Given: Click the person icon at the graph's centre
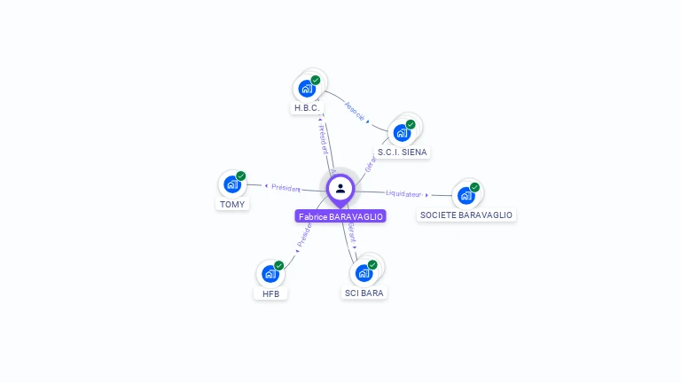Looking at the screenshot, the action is tap(340, 188).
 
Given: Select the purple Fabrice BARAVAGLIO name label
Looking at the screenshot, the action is tap(340, 216).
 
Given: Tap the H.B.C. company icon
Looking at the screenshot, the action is tap(307, 89).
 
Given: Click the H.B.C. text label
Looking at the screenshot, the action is tap(307, 108).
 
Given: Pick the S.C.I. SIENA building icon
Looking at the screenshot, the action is tap(402, 133).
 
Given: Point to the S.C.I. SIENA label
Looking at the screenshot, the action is tap(402, 152).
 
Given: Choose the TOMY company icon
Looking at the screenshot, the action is tap(232, 184).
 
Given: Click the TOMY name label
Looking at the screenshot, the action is tap(232, 204).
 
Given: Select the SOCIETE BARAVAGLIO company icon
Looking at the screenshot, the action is tap(466, 195).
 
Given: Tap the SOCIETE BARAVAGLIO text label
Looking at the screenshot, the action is tap(466, 215).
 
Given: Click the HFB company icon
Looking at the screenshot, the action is tap(270, 273).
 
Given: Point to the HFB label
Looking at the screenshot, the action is tap(270, 293).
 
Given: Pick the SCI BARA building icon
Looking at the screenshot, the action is tap(364, 273).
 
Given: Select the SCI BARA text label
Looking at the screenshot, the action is tap(364, 293).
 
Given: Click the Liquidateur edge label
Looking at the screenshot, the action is tap(404, 192).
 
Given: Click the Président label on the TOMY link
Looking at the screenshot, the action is tap(286, 187).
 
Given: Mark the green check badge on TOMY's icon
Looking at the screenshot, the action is tap(241, 176).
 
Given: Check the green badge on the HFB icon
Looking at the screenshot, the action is tap(278, 265).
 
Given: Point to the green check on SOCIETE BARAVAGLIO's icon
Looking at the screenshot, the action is tap(474, 187).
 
